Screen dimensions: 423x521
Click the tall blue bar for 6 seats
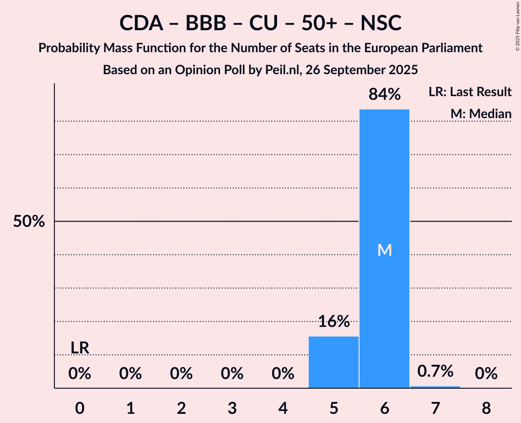click(384, 183)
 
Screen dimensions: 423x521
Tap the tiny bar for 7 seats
click(435, 387)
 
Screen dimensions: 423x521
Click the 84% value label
click(385, 95)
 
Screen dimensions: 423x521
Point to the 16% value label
click(334, 322)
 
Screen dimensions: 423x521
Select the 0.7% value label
click(435, 371)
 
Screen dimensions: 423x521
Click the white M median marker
click(385, 250)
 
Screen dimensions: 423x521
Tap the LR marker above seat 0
click(80, 348)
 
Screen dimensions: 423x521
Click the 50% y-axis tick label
click(29, 222)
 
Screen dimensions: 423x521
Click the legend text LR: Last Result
click(470, 92)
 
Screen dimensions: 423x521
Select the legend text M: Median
click(481, 114)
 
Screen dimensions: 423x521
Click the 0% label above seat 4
click(283, 374)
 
